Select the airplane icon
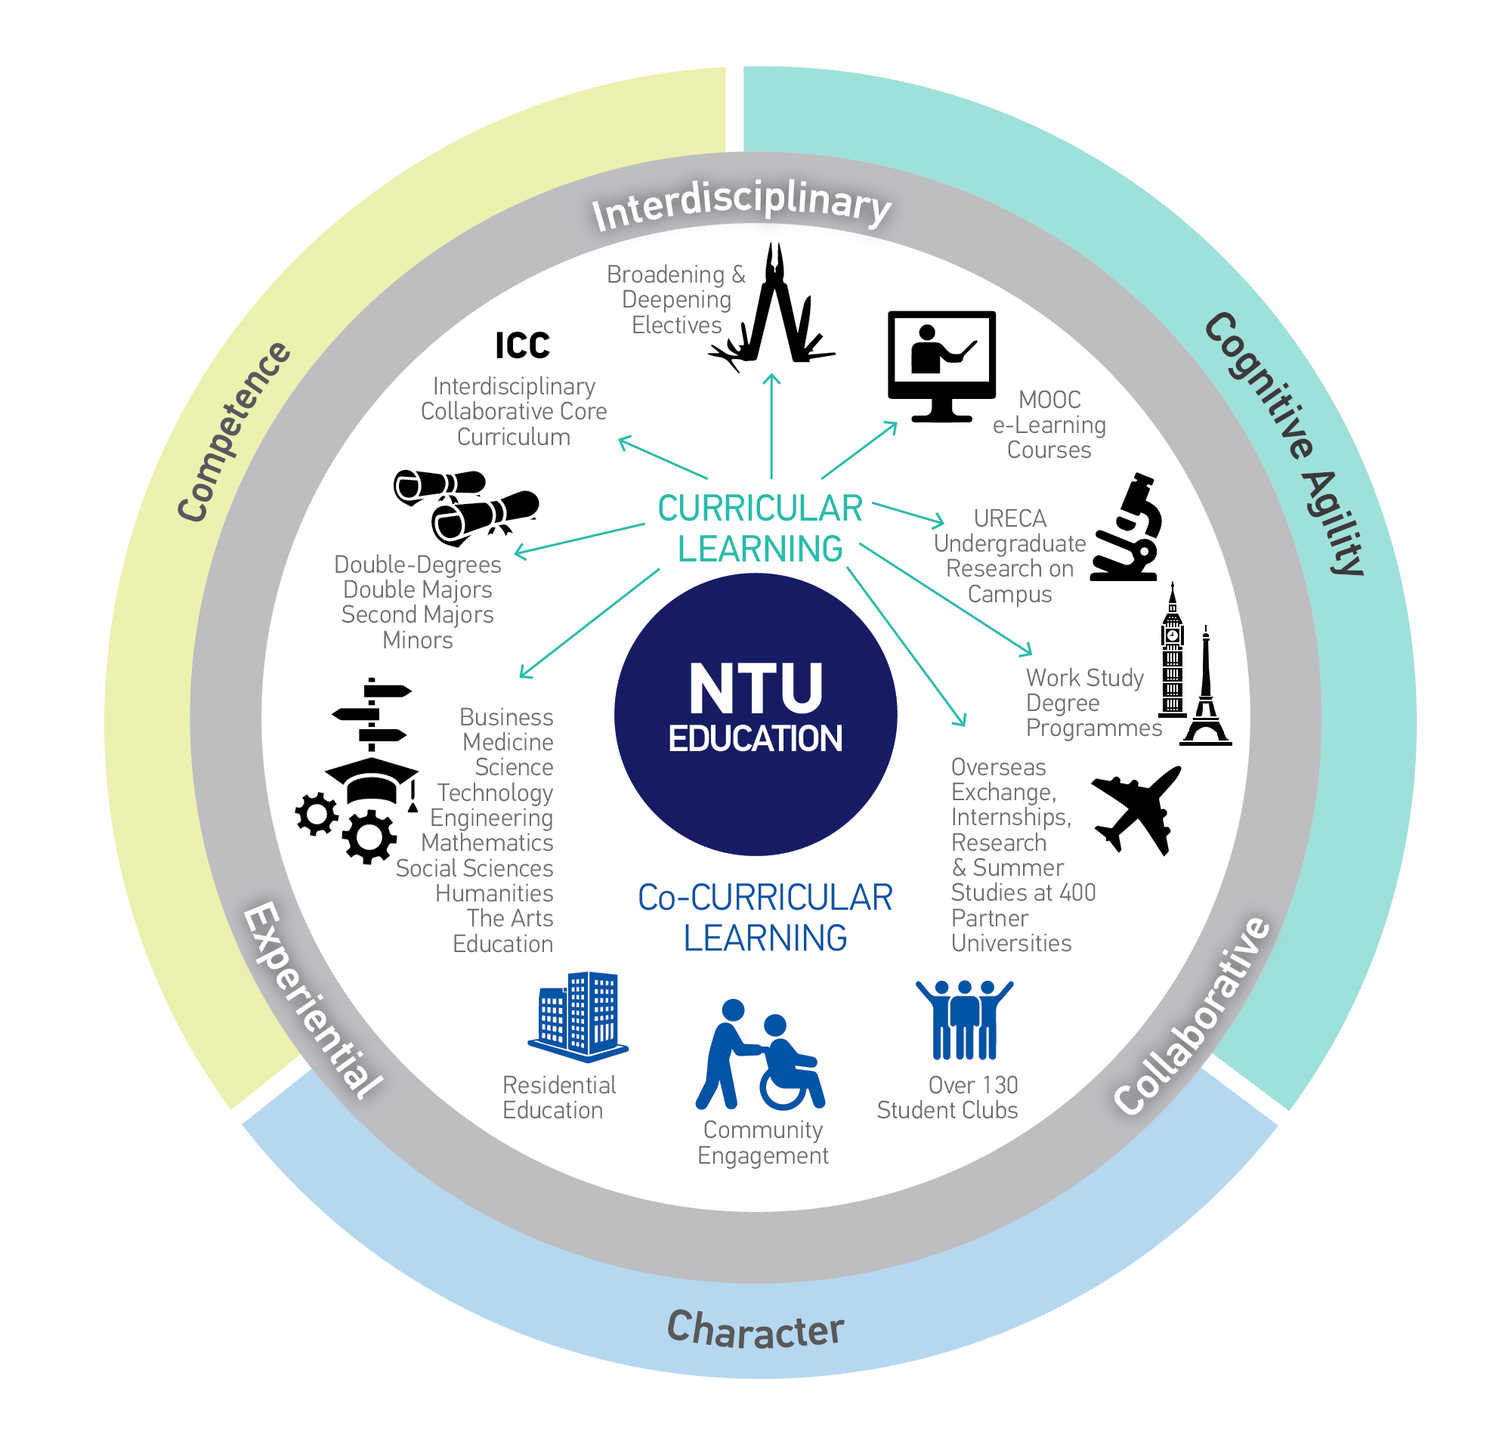pyautogui.click(x=1136, y=811)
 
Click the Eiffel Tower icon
pyautogui.click(x=1206, y=686)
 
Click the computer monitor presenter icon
pyautogui.click(x=941, y=366)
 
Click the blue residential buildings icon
pyautogui.click(x=578, y=1016)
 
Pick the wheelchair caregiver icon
pyautogui.click(x=760, y=1055)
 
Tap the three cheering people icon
pyautogui.click(x=964, y=1019)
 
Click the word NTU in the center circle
pyautogui.click(x=756, y=688)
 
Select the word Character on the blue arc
pyautogui.click(x=756, y=1330)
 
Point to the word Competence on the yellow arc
pyautogui.click(x=233, y=432)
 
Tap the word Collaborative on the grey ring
pyautogui.click(x=1191, y=1015)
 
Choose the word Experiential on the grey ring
pyautogui.click(x=312, y=1000)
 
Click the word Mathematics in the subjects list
pyautogui.click(x=487, y=843)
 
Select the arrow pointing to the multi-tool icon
pyautogui.click(x=771, y=426)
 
